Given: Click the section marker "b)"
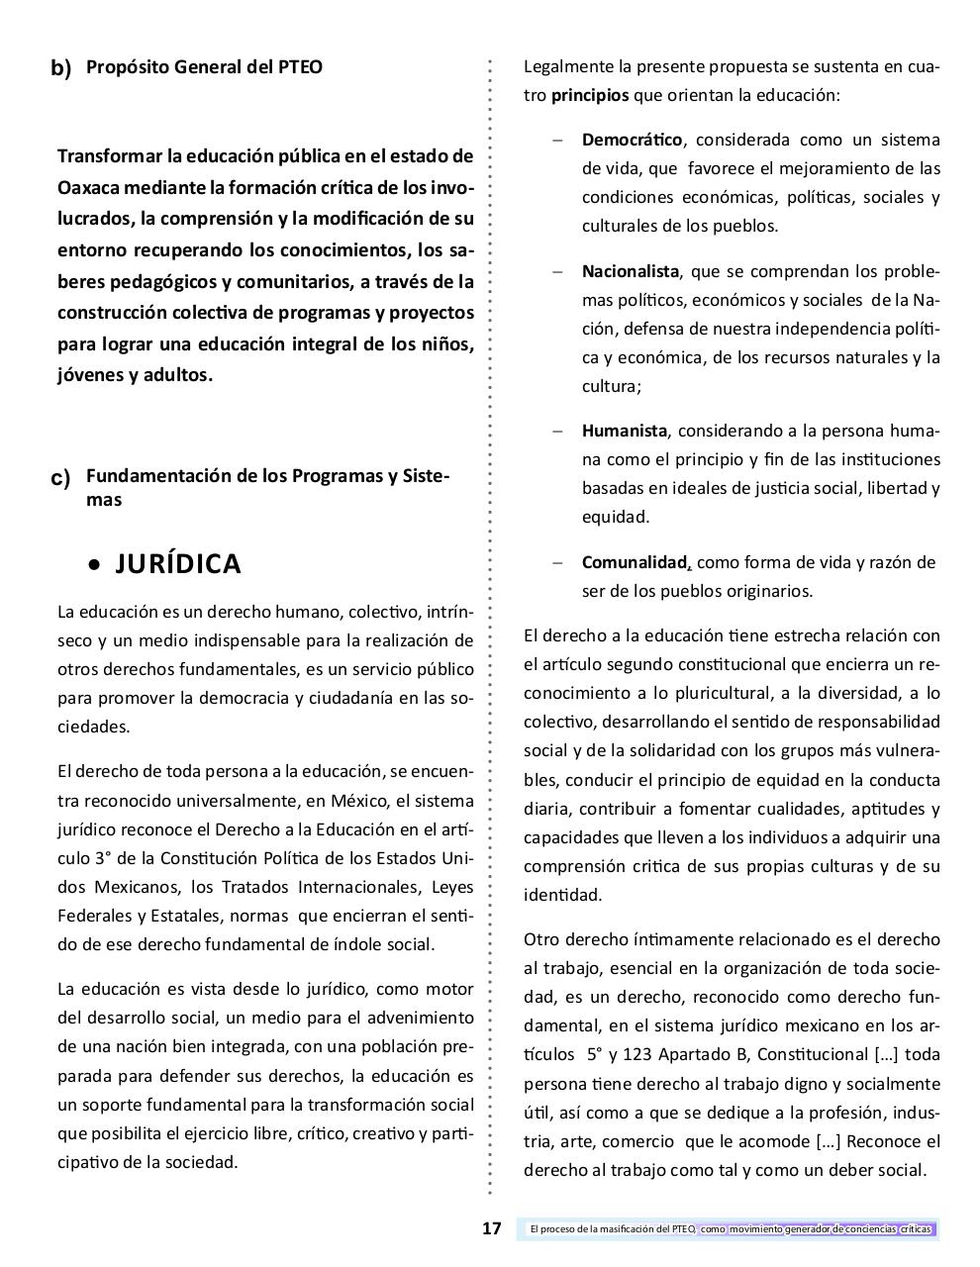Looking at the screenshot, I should pyautogui.click(x=61, y=68).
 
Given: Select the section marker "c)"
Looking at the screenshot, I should pyautogui.click(x=61, y=478).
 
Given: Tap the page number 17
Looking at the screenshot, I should pyautogui.click(x=492, y=1229).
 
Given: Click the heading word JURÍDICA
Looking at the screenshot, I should pyautogui.click(x=178, y=563).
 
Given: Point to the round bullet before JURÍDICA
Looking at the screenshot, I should pyautogui.click(x=94, y=565).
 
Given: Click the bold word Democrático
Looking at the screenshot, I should pyautogui.click(x=632, y=140).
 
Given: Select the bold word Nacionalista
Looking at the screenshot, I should pyautogui.click(x=631, y=271).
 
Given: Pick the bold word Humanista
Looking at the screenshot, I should pyautogui.click(x=625, y=431).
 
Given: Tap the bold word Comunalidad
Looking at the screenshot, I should pyautogui.click(x=635, y=562).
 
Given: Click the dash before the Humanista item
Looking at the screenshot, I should pyautogui.click(x=558, y=431).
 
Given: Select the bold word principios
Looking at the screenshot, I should pyautogui.click(x=589, y=96).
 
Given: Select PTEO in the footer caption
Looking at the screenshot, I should pyautogui.click(x=683, y=1229).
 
